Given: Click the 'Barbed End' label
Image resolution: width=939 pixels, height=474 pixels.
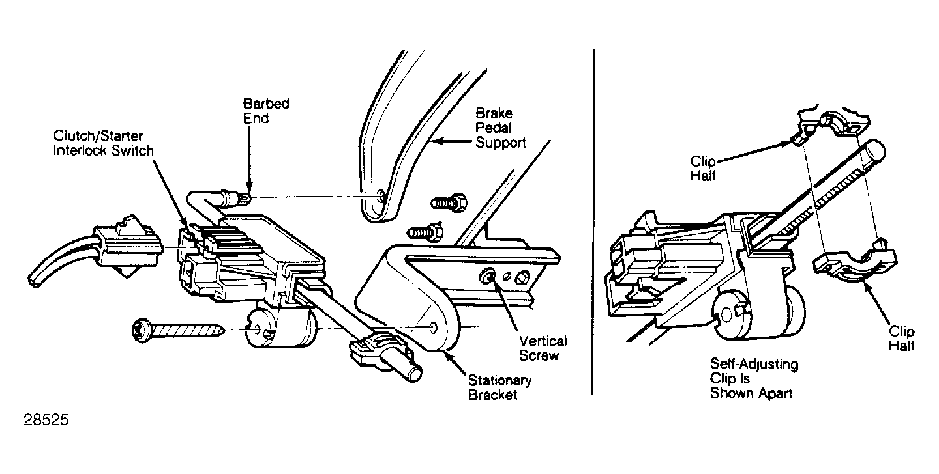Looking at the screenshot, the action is point(266,111).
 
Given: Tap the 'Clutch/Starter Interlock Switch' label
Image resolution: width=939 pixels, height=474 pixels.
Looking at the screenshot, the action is point(104,143).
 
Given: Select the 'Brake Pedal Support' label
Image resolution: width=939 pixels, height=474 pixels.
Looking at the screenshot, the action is point(501,128).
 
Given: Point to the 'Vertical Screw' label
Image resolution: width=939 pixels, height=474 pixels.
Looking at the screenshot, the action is point(543,348).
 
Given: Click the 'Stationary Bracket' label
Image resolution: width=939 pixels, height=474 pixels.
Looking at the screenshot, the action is point(499,387).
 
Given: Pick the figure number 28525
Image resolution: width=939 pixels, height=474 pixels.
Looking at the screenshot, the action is point(46,419).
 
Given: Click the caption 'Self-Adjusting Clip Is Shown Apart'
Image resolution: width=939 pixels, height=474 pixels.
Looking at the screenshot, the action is point(754,378).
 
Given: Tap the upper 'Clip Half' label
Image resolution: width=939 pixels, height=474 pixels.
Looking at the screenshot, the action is point(703,168).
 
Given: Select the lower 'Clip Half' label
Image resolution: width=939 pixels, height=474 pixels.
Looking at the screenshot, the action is point(902,339).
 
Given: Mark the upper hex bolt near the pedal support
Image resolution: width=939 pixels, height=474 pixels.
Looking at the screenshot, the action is point(449,203).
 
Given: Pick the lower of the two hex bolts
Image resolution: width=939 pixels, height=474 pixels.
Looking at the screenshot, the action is point(425,232).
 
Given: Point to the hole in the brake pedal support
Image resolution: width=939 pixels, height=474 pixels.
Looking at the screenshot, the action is point(381,195).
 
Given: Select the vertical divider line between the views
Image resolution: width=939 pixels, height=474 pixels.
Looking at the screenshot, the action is point(593,222).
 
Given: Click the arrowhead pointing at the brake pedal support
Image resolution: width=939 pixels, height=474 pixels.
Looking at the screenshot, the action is point(436,141).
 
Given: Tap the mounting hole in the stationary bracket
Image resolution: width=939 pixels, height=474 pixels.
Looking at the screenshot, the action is point(433,327).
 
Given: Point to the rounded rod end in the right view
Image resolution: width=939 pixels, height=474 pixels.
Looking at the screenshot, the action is point(874,151).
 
